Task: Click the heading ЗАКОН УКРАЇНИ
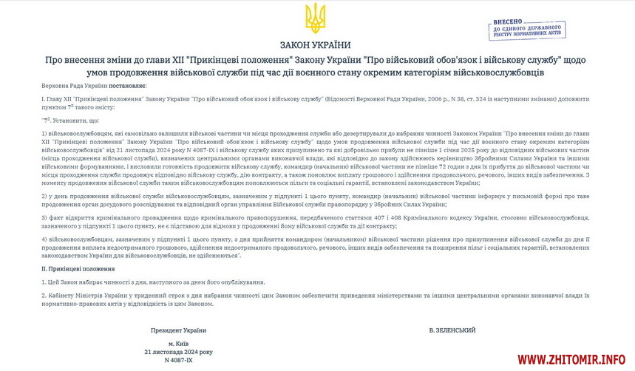[x=316, y=44]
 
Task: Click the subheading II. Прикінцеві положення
[x=78, y=269]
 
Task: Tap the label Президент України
[x=178, y=330]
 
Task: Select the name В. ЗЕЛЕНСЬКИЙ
[x=452, y=330]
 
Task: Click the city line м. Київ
[x=178, y=344]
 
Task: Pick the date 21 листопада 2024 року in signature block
[x=178, y=352]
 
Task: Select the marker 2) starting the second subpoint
[x=44, y=196]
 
